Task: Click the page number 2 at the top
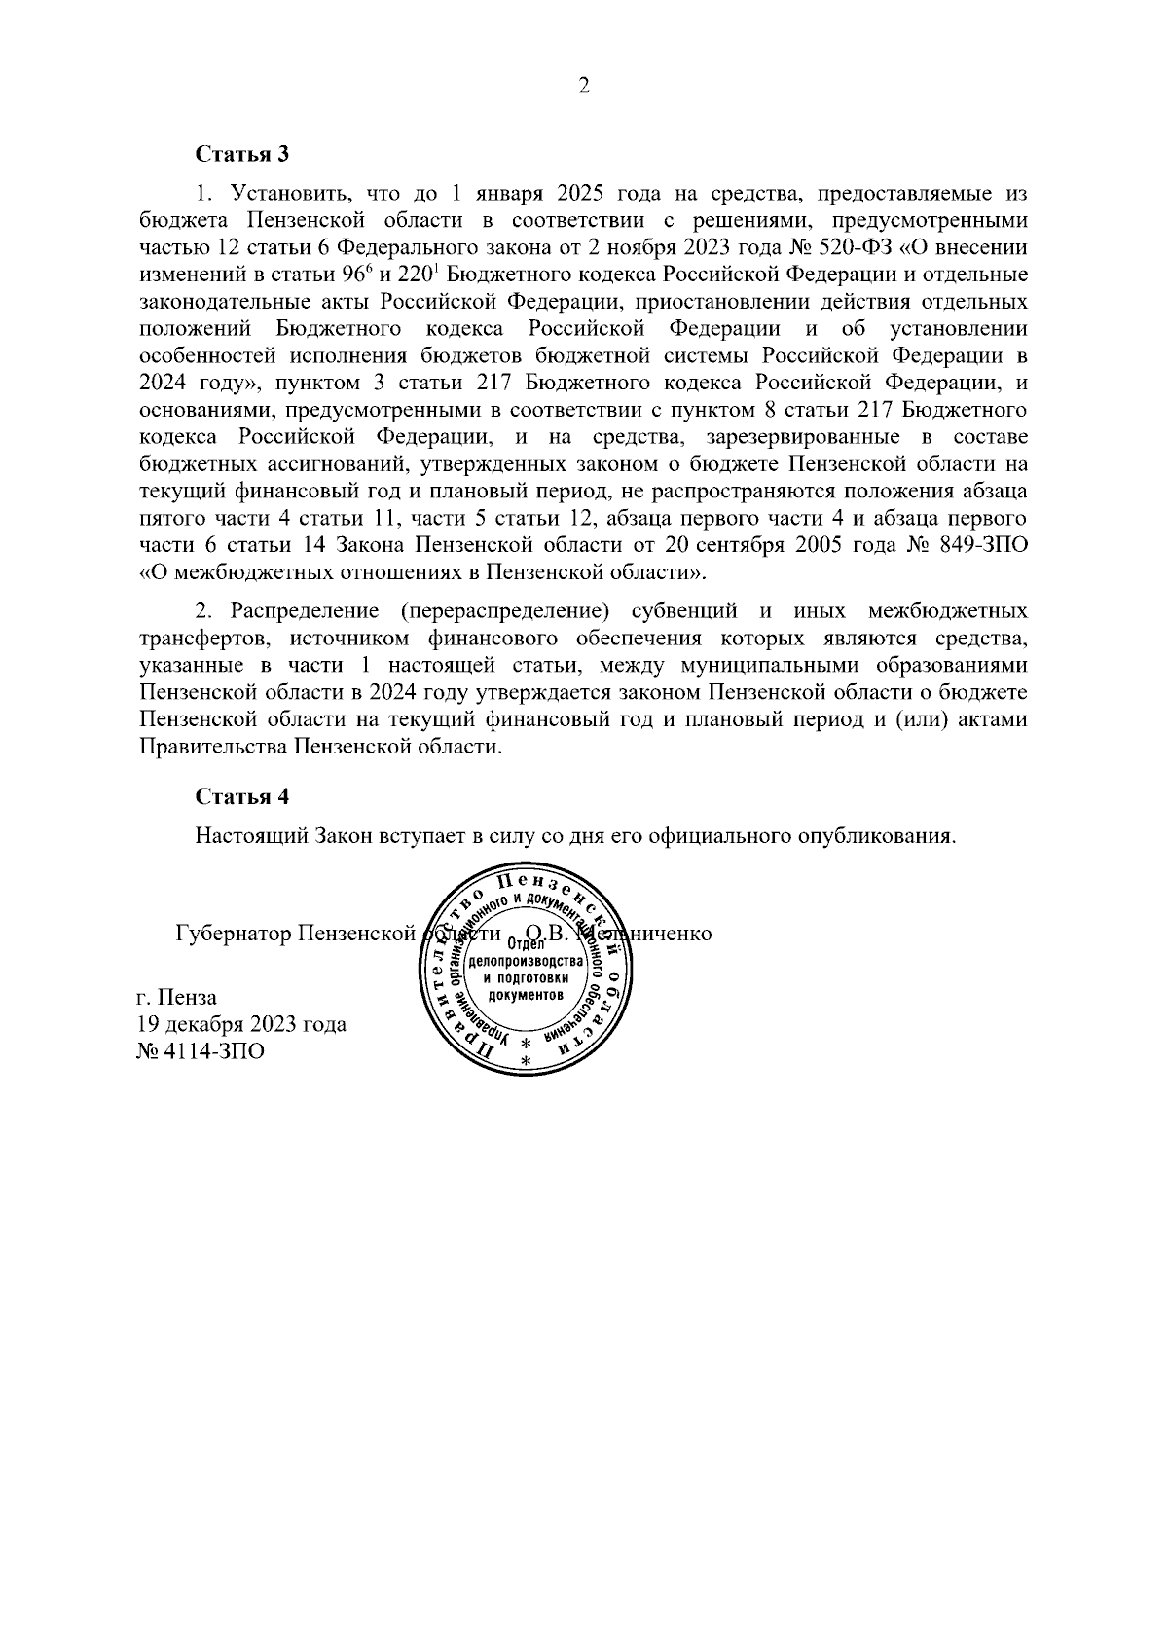(x=583, y=87)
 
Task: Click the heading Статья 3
(x=242, y=154)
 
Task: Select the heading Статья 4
(x=242, y=796)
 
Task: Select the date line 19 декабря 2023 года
(x=241, y=1024)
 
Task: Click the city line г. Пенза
(x=176, y=997)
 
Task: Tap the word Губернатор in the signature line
(x=233, y=933)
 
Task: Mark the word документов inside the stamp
(x=526, y=997)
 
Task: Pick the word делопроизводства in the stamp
(x=526, y=962)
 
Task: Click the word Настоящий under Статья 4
(x=252, y=836)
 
